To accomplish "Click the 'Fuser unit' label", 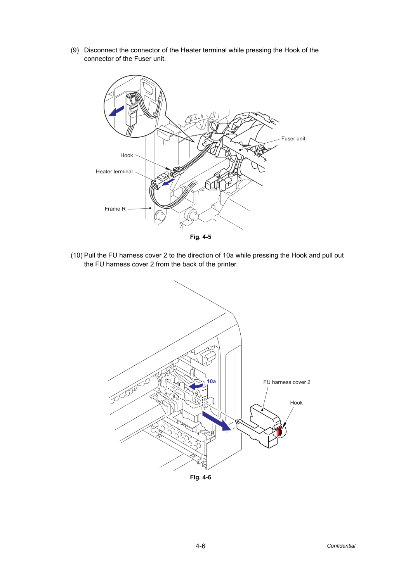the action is pos(293,139).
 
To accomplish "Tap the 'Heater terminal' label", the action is pos(114,172).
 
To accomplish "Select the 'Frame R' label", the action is pos(115,209).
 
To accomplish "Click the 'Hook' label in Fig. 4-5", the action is pos(127,156).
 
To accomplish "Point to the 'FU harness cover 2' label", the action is pos(287,382).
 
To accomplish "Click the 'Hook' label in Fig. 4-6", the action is pos(296,403).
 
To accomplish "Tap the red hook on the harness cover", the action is pos(279,432).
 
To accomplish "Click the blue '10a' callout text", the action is pos(211,382).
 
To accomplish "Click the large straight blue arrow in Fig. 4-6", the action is pos(217,421).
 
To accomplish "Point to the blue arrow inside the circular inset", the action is pos(116,111).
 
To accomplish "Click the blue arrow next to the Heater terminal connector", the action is pos(168,182).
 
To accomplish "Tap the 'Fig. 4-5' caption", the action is pos(200,237).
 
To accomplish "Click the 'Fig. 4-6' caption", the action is pos(200,477).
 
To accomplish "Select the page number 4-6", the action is pos(200,546).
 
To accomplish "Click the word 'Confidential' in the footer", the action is pos(341,546).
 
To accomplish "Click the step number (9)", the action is pos(75,50).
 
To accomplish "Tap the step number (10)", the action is pos(76,256).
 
